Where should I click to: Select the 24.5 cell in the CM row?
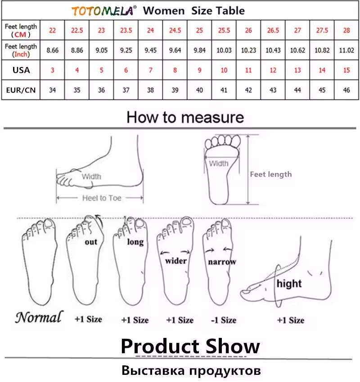[x=175, y=30]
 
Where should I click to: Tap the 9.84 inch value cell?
[x=199, y=50]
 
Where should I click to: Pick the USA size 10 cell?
[x=224, y=70]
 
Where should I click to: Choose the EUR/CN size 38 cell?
[x=150, y=90]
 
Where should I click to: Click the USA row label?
[x=21, y=70]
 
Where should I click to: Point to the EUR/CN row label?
[x=21, y=90]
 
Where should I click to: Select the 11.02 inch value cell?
[x=346, y=50]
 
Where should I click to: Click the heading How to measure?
[x=185, y=117]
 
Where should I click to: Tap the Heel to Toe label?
[x=102, y=198]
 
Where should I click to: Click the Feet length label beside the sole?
[x=271, y=174]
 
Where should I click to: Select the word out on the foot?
[x=91, y=242]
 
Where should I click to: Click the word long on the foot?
[x=135, y=242]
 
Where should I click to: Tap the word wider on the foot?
[x=176, y=261]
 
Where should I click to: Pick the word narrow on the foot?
[x=222, y=262]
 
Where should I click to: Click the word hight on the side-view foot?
[x=289, y=284]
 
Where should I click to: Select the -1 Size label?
[x=224, y=320]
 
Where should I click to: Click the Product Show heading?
[x=190, y=346]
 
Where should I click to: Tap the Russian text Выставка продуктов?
[x=191, y=371]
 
